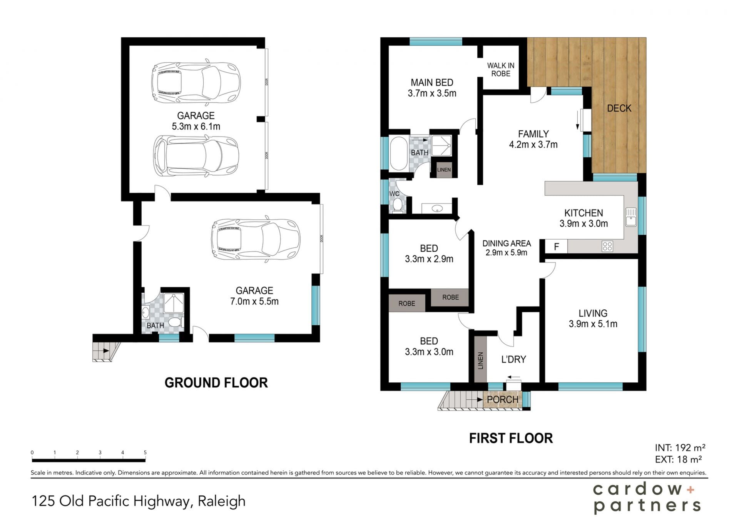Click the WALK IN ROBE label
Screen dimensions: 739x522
pos(500,70)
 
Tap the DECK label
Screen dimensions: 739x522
pos(619,108)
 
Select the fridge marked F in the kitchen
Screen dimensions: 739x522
pos(556,247)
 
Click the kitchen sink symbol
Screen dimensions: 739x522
pos(631,217)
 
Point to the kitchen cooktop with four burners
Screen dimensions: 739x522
pos(607,247)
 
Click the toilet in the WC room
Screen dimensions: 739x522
pos(398,205)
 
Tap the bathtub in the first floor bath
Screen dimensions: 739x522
pos(399,153)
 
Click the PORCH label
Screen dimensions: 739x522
pos(502,400)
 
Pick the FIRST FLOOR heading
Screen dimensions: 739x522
pos(511,438)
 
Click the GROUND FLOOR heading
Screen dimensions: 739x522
pos(216,383)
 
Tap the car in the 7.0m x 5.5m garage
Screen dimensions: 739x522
pos(256,240)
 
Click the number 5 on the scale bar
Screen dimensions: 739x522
pos(145,453)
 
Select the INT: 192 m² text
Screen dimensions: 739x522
pos(680,448)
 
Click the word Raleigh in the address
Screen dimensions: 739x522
pos(222,501)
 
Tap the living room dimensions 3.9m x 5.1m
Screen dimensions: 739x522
pos(593,324)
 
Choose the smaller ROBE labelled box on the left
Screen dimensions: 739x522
pos(407,303)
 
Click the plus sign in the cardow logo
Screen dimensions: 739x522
pos(691,490)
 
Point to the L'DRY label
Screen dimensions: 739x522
pos(513,359)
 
